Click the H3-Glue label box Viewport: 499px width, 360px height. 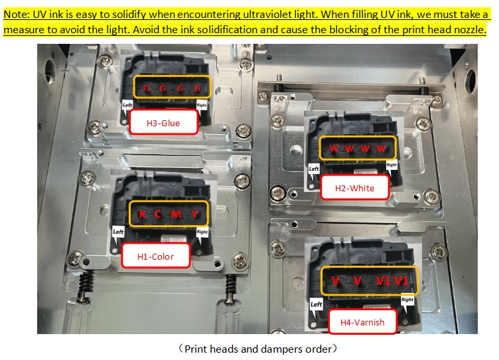[164, 122]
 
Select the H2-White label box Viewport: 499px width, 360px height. [354, 187]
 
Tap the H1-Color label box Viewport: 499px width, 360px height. [156, 256]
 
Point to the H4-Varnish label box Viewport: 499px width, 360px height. [362, 321]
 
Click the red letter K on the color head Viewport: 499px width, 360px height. [142, 214]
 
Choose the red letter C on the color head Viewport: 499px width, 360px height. [157, 214]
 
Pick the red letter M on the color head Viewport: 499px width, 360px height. [176, 214]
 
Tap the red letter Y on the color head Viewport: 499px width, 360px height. [195, 214]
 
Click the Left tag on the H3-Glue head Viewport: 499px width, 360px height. [127, 105]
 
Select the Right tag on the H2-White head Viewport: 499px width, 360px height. [392, 165]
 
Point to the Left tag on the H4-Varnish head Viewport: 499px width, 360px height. [316, 304]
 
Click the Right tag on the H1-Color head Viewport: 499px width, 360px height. [202, 232]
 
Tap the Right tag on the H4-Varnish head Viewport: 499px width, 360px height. [407, 300]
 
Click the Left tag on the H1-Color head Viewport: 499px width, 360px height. [117, 232]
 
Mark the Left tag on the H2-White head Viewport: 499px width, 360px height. [314, 169]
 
